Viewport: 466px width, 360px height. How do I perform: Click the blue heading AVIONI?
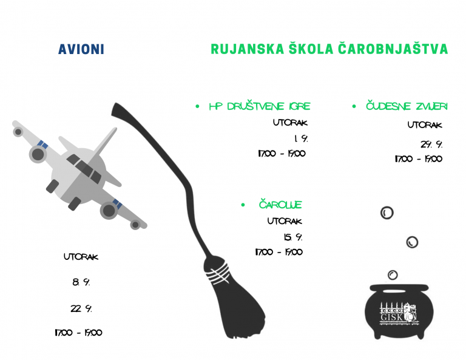tap(81, 49)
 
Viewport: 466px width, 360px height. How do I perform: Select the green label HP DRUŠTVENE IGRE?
tap(260, 106)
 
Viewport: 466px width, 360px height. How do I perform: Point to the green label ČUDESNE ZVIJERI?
tap(407, 106)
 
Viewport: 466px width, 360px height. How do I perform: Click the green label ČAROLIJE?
tap(280, 205)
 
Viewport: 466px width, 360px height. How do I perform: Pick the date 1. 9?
tap(301, 138)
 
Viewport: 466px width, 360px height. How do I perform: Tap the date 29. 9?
tap(431, 144)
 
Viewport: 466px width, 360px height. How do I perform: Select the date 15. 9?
tap(293, 237)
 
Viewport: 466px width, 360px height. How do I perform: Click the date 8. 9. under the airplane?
tap(81, 282)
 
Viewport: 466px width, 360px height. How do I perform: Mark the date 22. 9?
tap(81, 309)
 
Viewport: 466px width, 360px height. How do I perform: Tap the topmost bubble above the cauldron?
tap(387, 213)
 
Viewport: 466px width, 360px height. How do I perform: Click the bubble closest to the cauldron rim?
tap(393, 274)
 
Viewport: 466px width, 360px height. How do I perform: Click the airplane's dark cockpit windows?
tap(84, 169)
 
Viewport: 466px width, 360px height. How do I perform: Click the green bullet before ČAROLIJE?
tap(243, 205)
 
